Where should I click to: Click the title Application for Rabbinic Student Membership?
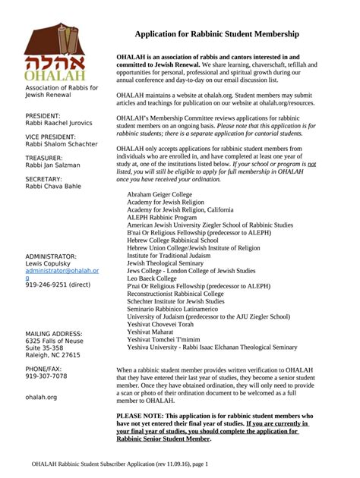pos(216,35)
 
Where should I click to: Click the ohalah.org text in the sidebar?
pos(41,396)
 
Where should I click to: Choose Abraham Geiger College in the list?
pos(159,194)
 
